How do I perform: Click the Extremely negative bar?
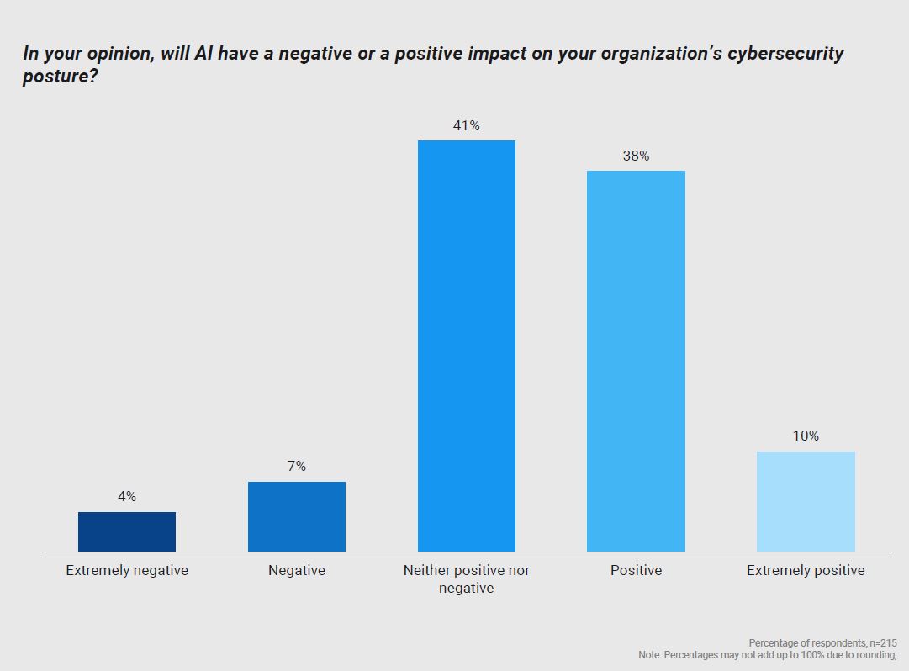coord(127,531)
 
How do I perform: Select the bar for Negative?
coord(297,516)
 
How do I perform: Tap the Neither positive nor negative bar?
coord(467,346)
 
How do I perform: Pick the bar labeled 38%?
coord(636,361)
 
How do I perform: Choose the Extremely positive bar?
coord(806,501)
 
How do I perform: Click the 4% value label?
coord(127,497)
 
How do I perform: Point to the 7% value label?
coord(297,467)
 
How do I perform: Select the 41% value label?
coord(467,126)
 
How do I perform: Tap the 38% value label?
coord(636,156)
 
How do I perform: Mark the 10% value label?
coord(806,436)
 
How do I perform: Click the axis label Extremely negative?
coord(127,570)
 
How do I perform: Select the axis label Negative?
coord(297,570)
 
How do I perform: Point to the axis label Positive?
coord(636,570)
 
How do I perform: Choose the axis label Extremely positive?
coord(806,570)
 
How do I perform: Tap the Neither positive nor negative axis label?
coord(467,579)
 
